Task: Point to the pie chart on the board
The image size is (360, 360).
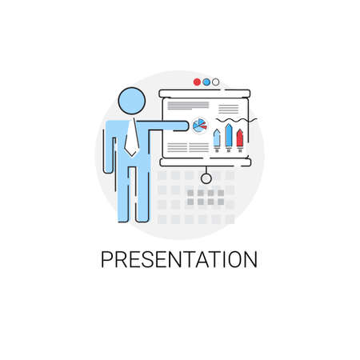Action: [x=200, y=124]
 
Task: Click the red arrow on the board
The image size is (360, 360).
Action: [x=239, y=137]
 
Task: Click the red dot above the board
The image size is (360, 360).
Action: [x=196, y=81]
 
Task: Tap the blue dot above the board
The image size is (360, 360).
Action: [x=206, y=81]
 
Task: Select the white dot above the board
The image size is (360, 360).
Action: [x=216, y=81]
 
